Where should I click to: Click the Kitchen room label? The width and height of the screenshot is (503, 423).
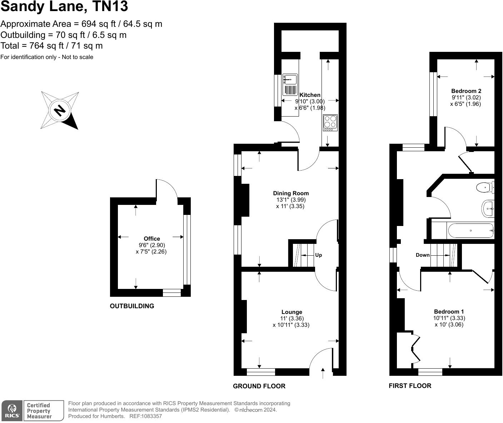(310, 95)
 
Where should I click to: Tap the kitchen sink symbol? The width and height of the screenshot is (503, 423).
(290, 79)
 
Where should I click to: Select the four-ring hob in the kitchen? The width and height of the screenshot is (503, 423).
(330, 122)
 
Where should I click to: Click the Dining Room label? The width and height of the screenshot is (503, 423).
(291, 193)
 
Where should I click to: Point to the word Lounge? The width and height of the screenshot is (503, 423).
(292, 312)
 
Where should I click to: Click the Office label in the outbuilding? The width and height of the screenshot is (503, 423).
(151, 239)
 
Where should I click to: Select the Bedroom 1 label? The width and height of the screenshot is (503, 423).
(449, 312)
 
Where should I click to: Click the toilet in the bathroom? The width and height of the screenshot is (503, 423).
(485, 187)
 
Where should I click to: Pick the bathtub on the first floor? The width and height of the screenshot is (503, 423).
(470, 231)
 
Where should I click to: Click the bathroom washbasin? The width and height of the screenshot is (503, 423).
(488, 208)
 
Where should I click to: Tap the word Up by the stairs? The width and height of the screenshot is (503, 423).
(318, 255)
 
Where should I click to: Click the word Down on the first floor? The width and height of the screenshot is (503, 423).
(422, 255)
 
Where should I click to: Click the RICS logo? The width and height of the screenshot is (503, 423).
(12, 410)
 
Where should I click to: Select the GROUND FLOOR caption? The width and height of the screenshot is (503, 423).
(259, 386)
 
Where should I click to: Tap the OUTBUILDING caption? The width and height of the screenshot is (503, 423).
(132, 306)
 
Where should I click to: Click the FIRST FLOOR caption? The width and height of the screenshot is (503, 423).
(410, 386)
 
